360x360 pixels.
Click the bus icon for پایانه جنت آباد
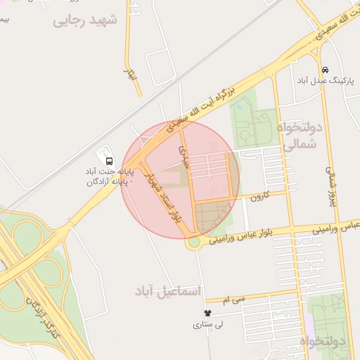point(108,160)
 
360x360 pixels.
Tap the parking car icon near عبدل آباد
point(324,70)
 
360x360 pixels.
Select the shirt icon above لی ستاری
point(207,313)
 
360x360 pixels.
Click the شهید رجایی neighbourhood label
point(86,20)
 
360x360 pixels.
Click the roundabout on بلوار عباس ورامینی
point(193,243)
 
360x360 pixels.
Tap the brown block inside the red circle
point(211,217)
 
